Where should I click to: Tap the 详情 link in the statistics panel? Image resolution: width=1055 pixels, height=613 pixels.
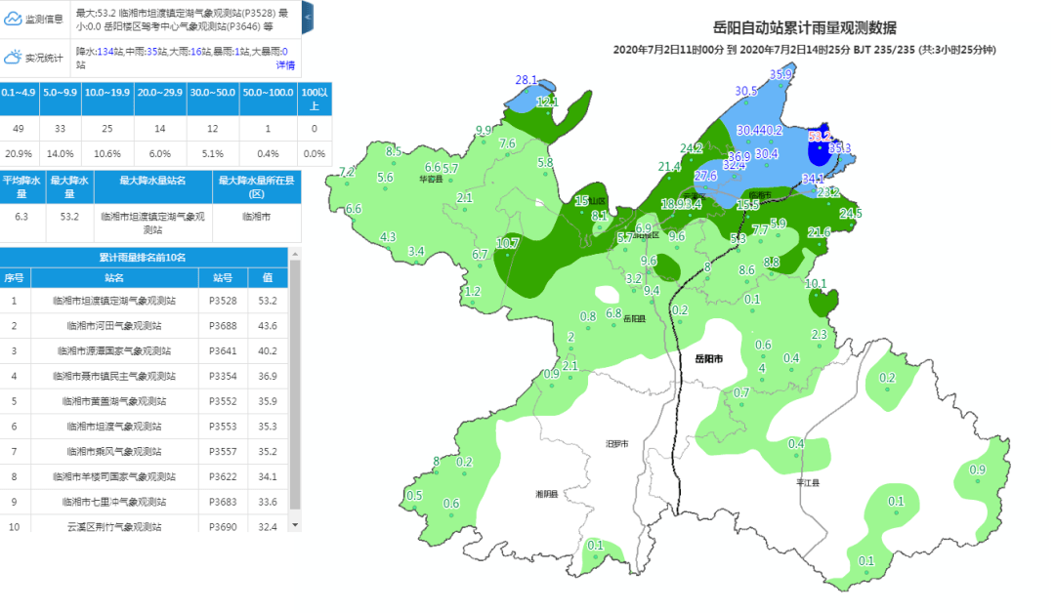tap(285, 64)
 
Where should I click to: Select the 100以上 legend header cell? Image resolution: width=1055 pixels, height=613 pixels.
tap(313, 98)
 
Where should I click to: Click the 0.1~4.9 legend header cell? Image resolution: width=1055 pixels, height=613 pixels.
tap(20, 92)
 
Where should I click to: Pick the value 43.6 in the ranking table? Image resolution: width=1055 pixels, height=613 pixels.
tap(268, 325)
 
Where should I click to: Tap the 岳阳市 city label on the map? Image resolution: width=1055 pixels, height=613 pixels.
tap(708, 359)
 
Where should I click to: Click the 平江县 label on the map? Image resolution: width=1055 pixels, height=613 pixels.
tap(808, 482)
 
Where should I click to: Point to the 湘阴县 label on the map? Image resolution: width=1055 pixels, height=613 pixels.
tap(546, 494)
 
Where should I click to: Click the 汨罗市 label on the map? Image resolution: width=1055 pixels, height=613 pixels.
tap(617, 443)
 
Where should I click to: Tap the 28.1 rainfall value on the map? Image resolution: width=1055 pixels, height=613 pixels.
tap(527, 80)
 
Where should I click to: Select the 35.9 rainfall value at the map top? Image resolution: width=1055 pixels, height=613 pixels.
tap(781, 74)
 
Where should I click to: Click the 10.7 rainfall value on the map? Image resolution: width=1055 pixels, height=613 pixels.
tap(508, 243)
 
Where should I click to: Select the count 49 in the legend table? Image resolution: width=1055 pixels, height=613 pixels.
tap(20, 128)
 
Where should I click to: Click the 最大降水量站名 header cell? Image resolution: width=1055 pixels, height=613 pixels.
tap(152, 181)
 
